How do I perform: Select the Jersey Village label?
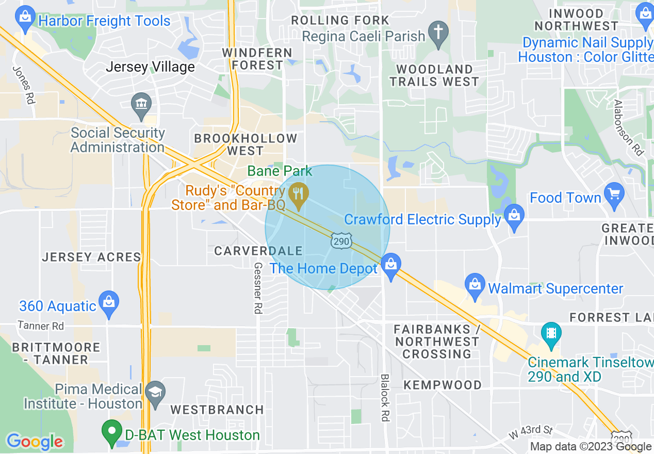coord(150,67)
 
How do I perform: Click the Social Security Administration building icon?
coord(140,103)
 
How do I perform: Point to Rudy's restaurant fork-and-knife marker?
coord(298,194)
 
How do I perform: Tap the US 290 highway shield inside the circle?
coord(341,240)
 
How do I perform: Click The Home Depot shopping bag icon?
coord(391,265)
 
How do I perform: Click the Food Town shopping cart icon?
coord(614,194)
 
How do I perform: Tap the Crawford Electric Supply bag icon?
coord(514,216)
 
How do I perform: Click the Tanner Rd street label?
coord(41,326)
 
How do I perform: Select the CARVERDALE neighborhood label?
coord(258,251)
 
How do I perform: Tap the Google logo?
coord(35,442)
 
